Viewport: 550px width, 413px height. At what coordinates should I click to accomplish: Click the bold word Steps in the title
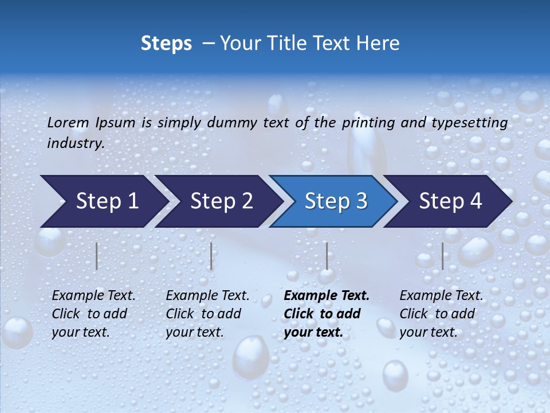pyautogui.click(x=166, y=44)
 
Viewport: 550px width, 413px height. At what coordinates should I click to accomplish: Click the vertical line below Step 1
pyautogui.click(x=97, y=256)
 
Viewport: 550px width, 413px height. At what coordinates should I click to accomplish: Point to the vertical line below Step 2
pyautogui.click(x=211, y=256)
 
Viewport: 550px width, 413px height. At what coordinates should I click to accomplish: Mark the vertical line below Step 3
pyautogui.click(x=327, y=256)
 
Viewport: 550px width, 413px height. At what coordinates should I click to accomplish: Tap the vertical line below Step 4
pyautogui.click(x=442, y=256)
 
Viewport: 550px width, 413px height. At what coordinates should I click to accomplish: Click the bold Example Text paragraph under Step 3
pyautogui.click(x=327, y=314)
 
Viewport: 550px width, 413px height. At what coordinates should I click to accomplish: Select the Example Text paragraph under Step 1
pyautogui.click(x=93, y=314)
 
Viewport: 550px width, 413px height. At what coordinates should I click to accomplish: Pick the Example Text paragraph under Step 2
pyautogui.click(x=207, y=314)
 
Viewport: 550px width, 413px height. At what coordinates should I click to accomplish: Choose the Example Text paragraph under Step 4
pyautogui.click(x=441, y=314)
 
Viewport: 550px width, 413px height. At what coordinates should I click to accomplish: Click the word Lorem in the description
pyautogui.click(x=68, y=123)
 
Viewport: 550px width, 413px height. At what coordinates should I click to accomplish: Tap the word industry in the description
pyautogui.click(x=76, y=143)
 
